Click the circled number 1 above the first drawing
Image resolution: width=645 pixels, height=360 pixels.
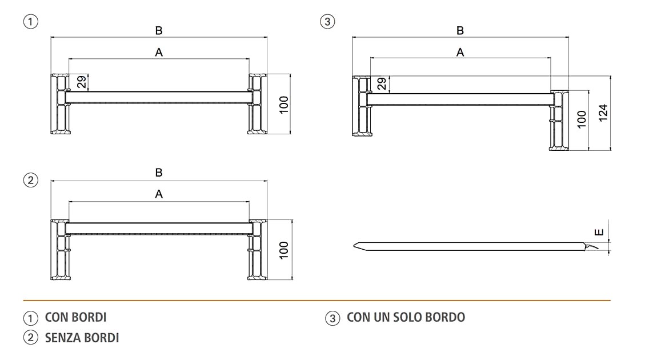30,21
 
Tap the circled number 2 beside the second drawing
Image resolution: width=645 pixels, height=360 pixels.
30,180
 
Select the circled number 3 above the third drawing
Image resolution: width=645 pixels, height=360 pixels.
327,21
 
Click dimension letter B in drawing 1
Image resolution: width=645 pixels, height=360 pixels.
159,30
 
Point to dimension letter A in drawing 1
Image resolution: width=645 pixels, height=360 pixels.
159,52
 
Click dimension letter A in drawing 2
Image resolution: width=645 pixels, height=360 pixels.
159,194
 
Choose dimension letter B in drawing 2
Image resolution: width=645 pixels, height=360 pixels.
159,173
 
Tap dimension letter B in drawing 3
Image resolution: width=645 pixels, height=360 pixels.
460,30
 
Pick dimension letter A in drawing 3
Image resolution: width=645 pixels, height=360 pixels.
460,52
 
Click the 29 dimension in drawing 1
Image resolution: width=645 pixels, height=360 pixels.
82,82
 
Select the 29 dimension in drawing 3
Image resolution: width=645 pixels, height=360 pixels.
382,83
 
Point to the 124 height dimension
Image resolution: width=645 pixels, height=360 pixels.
603,113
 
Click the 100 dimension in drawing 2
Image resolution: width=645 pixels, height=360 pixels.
284,250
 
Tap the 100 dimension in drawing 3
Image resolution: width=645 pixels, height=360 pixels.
582,119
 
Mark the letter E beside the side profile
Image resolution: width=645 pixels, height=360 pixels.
599,233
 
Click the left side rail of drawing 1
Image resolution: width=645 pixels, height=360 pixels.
61,104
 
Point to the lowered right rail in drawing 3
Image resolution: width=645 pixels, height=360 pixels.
559,121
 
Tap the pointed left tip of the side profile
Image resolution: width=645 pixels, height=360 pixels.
354,246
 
